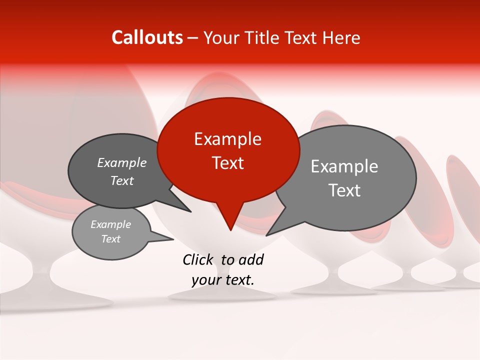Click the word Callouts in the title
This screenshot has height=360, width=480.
pos(147,37)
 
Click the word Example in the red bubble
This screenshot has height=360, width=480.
pos(227,139)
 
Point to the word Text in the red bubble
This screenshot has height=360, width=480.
pos(227,163)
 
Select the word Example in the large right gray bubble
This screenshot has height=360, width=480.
pos(344,166)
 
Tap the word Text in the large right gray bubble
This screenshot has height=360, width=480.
pos(344,190)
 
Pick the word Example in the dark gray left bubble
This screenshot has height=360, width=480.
pos(121,163)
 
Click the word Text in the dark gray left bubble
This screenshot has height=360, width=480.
pos(121,181)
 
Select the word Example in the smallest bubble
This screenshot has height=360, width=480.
pos(110,224)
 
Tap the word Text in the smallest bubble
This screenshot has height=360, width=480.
pos(110,239)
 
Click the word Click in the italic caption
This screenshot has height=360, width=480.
pos(198,259)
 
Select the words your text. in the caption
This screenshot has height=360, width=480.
pos(223,280)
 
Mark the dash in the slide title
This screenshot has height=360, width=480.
pos(193,38)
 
